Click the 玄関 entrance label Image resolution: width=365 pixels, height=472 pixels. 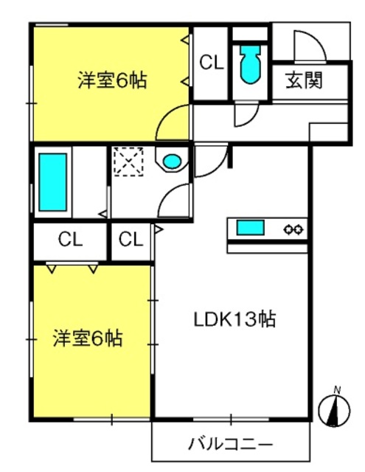(x=304, y=80)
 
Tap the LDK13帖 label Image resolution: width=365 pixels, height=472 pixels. (x=234, y=319)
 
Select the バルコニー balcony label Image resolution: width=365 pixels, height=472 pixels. (x=231, y=444)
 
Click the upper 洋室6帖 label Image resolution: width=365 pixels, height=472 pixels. (x=113, y=80)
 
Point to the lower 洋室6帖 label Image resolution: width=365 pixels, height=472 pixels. (x=88, y=339)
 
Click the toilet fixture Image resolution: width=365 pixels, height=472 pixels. (x=250, y=65)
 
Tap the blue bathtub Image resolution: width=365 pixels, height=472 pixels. (x=52, y=182)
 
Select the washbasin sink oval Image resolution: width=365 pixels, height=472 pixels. (x=172, y=161)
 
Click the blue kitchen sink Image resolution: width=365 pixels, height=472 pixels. (x=251, y=228)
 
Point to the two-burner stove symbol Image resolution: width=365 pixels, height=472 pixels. (x=293, y=229)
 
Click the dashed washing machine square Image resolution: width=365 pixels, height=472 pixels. (x=128, y=162)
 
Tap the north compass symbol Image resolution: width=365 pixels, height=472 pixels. (x=334, y=410)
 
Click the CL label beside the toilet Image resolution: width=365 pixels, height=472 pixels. (x=212, y=63)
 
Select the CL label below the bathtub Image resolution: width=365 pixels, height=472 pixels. (x=70, y=240)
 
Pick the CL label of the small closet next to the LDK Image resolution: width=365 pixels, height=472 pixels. (x=131, y=240)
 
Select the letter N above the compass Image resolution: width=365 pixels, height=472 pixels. (x=337, y=390)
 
